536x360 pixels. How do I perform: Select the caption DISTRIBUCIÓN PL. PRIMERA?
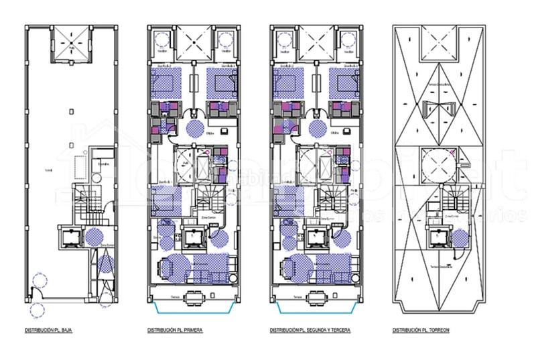tap(176, 331)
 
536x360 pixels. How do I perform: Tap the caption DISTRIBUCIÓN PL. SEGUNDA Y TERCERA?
tap(311, 331)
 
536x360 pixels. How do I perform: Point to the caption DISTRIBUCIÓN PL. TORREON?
tap(421, 331)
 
